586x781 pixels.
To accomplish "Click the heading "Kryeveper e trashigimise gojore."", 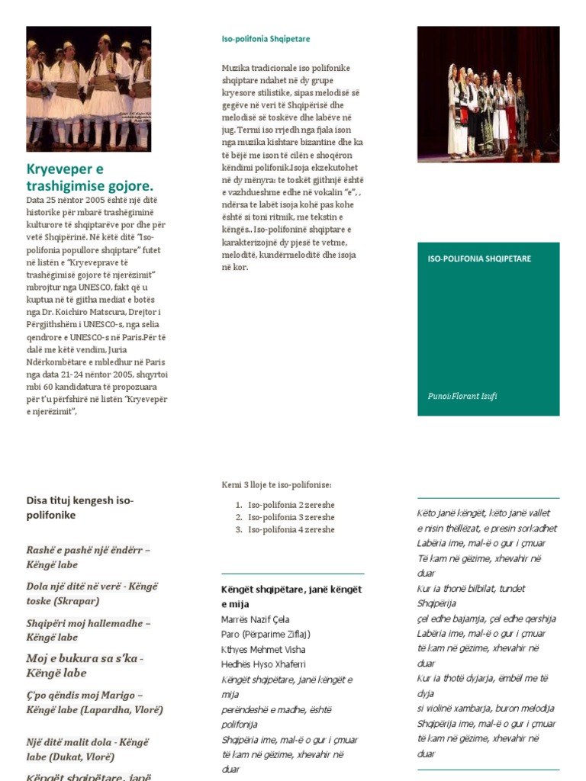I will click(90, 177).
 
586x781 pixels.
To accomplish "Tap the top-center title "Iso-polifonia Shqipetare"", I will click(266, 39).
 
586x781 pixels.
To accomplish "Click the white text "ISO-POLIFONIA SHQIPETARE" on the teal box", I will click(479, 259).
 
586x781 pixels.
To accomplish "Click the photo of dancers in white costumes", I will click(89, 88).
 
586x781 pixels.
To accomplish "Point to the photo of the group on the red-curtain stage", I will click(488, 94).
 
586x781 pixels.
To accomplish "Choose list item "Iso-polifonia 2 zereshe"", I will click(291, 505).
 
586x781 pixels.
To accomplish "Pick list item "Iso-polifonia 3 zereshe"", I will click(291, 517).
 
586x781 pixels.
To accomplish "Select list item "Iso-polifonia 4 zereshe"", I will click(291, 529).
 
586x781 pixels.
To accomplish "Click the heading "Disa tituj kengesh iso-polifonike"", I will click(80, 508).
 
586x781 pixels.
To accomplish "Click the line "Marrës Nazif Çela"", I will click(255, 619).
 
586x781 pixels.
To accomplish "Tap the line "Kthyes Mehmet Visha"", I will click(262, 649).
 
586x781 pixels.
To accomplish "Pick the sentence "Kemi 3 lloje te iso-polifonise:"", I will click(276, 485).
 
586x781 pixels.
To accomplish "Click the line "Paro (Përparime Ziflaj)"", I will click(266, 634).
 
